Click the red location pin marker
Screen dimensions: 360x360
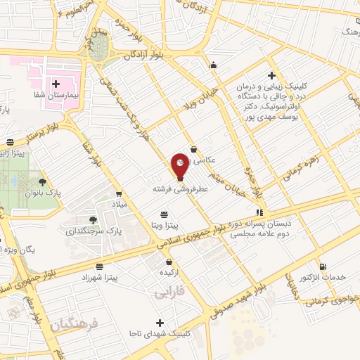pos(180,165)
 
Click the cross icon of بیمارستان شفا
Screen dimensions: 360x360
pos(56,83)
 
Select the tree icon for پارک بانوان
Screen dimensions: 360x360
pos(43,162)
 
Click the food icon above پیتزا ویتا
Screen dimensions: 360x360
pos(170,214)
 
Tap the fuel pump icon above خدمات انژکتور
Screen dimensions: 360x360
pos(323,266)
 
